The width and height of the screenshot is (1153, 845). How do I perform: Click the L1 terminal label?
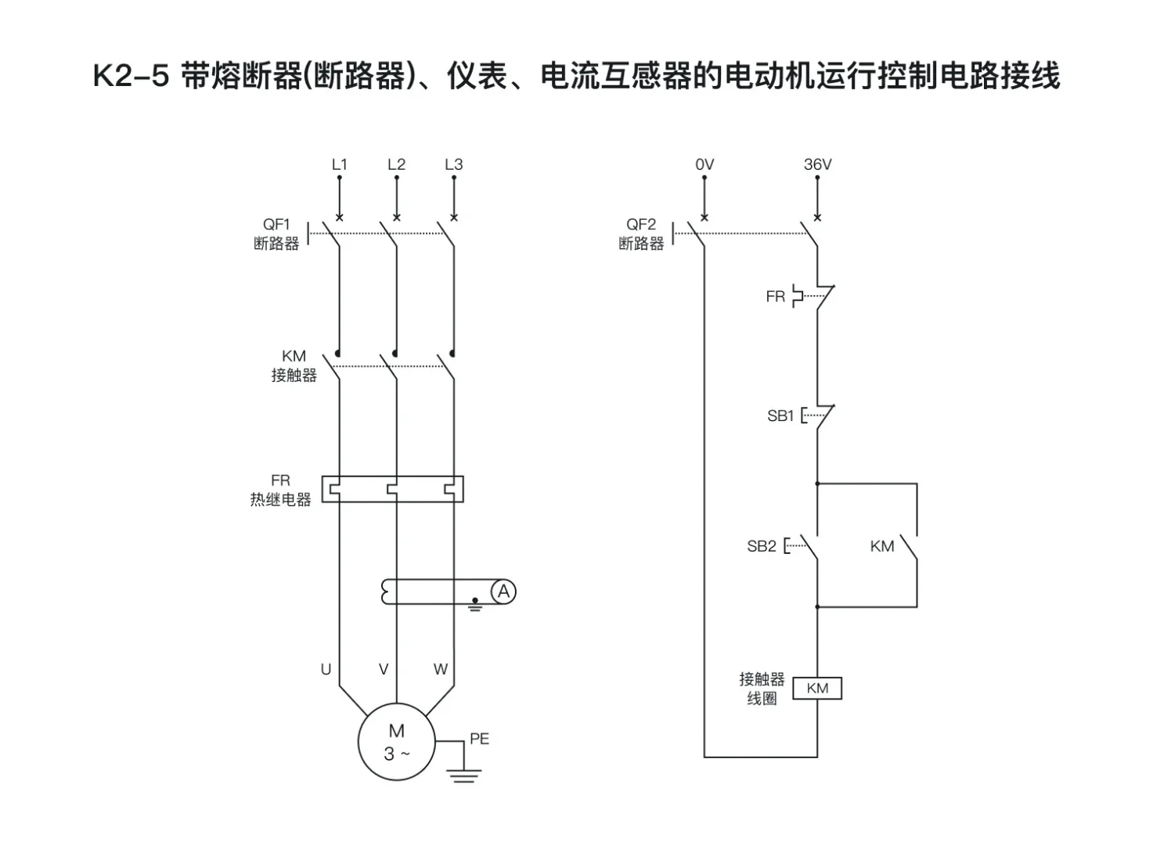click(x=339, y=164)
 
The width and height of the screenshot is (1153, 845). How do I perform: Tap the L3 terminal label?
click(x=453, y=164)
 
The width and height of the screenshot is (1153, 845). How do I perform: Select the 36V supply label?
click(x=817, y=164)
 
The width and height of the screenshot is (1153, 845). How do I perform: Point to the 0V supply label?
click(x=704, y=164)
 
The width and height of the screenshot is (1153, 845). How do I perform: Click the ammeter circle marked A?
click(x=503, y=592)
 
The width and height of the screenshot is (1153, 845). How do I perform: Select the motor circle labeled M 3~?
click(x=396, y=742)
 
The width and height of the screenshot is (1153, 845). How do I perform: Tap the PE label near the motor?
click(x=479, y=739)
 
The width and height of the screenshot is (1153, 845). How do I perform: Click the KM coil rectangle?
click(x=817, y=689)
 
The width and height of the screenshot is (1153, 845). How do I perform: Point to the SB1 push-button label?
click(x=780, y=416)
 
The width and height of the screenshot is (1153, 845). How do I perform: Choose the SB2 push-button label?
click(x=761, y=546)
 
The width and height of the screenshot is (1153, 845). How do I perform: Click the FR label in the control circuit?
click(x=775, y=297)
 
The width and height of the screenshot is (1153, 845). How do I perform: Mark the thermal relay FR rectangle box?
click(x=393, y=489)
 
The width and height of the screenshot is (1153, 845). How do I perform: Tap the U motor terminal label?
click(x=326, y=669)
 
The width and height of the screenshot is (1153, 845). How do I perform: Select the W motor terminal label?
click(x=441, y=669)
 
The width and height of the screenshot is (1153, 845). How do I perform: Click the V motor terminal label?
click(x=384, y=669)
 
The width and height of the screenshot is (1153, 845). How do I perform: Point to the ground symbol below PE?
click(x=464, y=775)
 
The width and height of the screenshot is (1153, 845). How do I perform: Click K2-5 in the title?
click(x=131, y=77)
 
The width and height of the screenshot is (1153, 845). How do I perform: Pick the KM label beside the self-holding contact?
click(x=881, y=546)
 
